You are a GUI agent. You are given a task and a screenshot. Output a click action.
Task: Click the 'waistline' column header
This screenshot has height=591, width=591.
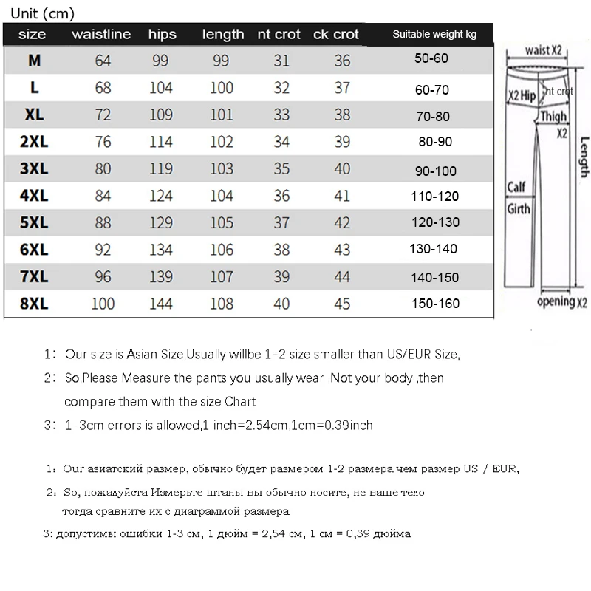coord(100,34)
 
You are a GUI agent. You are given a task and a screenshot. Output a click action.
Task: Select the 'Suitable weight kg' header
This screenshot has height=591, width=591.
coord(434,34)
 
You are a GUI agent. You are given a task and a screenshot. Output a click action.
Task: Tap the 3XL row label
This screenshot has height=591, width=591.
coord(33,169)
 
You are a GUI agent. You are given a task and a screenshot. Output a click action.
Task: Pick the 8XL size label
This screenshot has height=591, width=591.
coord(33,304)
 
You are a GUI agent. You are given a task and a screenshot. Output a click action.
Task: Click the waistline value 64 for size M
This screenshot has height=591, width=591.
coord(103,61)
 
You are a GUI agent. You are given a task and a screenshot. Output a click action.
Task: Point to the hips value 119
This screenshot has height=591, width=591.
coord(160,169)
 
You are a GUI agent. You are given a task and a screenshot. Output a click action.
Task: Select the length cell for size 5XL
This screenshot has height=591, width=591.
coord(221,223)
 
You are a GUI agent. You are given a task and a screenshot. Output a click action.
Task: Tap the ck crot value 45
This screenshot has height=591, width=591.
coord(341,304)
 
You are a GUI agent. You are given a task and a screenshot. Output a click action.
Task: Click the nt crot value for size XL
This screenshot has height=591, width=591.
coord(281,115)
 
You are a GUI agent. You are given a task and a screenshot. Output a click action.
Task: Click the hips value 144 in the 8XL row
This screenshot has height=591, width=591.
coord(160,304)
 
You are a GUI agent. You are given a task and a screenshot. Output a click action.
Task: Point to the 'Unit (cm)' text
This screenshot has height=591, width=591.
coord(41,13)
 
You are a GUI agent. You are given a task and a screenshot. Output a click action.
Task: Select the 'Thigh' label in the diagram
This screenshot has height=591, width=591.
coord(553,116)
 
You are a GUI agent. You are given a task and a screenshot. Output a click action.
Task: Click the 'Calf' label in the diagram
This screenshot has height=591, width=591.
coord(516,187)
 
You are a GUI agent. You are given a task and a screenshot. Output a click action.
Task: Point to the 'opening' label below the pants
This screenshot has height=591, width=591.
coord(555,301)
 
